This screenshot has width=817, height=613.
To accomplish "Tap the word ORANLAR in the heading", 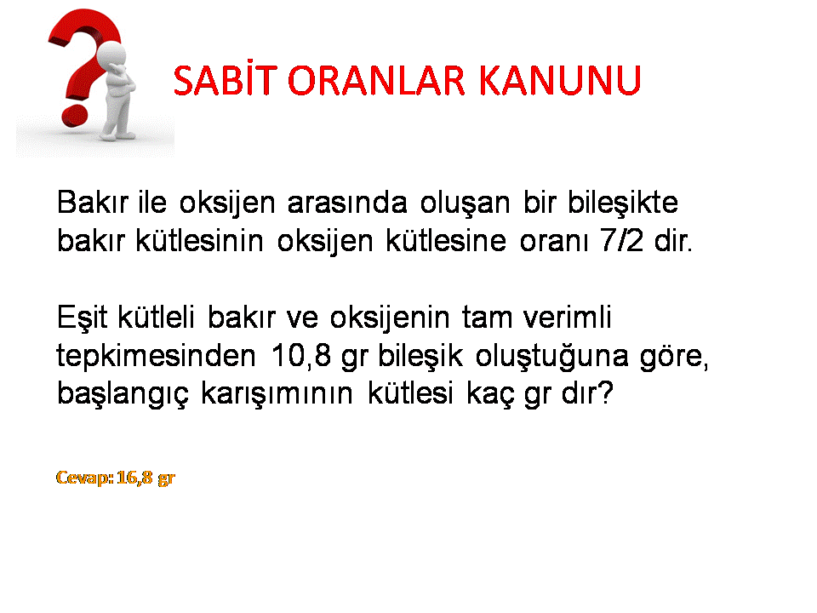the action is (375, 81).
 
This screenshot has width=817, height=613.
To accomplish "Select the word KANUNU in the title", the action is (560, 81).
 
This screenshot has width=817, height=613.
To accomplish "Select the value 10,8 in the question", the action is (301, 356).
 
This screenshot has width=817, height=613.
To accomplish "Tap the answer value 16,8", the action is (135, 477).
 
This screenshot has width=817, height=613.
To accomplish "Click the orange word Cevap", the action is (83, 478).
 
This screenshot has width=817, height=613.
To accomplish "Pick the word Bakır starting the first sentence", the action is (92, 202).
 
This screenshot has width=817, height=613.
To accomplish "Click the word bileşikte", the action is (623, 203).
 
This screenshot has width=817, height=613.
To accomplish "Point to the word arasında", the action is (347, 203).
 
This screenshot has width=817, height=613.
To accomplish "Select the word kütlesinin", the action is (199, 240).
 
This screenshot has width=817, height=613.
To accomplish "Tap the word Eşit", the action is (82, 318).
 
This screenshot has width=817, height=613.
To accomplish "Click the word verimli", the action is (567, 317).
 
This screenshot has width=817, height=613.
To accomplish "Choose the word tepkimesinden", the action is (156, 356).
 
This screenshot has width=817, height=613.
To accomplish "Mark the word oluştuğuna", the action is (551, 357).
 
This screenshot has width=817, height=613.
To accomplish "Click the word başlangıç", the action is (123, 393).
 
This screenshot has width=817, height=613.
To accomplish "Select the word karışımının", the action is (277, 393).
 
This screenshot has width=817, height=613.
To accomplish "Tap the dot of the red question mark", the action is (74, 116).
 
